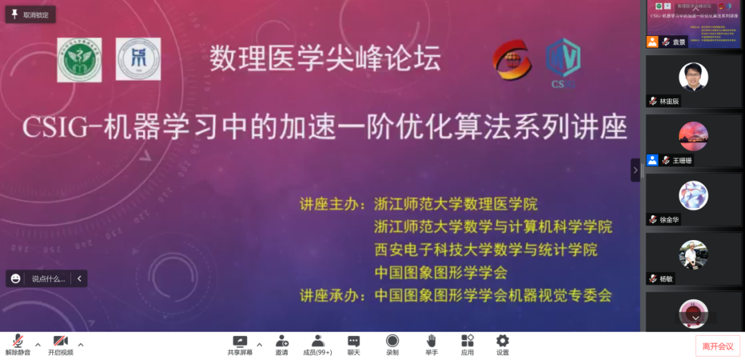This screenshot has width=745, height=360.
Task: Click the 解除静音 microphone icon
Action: pos(19,341)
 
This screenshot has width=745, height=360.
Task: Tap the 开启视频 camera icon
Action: pos(60,341)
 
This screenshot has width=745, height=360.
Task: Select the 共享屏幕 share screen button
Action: pos(239,341)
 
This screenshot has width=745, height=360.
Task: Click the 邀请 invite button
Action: pos(282,341)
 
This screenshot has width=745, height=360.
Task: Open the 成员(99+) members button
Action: pos(318,341)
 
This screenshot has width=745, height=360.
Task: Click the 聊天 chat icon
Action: pos(354,341)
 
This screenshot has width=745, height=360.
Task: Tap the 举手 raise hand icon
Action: pos(431,341)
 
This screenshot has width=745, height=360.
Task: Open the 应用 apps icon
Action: pos(467,341)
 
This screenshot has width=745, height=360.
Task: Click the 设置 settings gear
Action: pos(503,341)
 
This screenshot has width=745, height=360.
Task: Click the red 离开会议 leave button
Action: pos(717,346)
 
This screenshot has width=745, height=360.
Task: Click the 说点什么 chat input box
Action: pos(48,279)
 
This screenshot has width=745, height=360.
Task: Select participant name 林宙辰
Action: pos(669,101)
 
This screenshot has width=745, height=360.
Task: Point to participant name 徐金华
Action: pos(669,219)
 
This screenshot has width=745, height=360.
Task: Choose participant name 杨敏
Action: pos(666,279)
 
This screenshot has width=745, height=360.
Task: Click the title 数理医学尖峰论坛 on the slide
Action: pos(325,59)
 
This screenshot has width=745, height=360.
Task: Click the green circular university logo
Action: pos(79,60)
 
